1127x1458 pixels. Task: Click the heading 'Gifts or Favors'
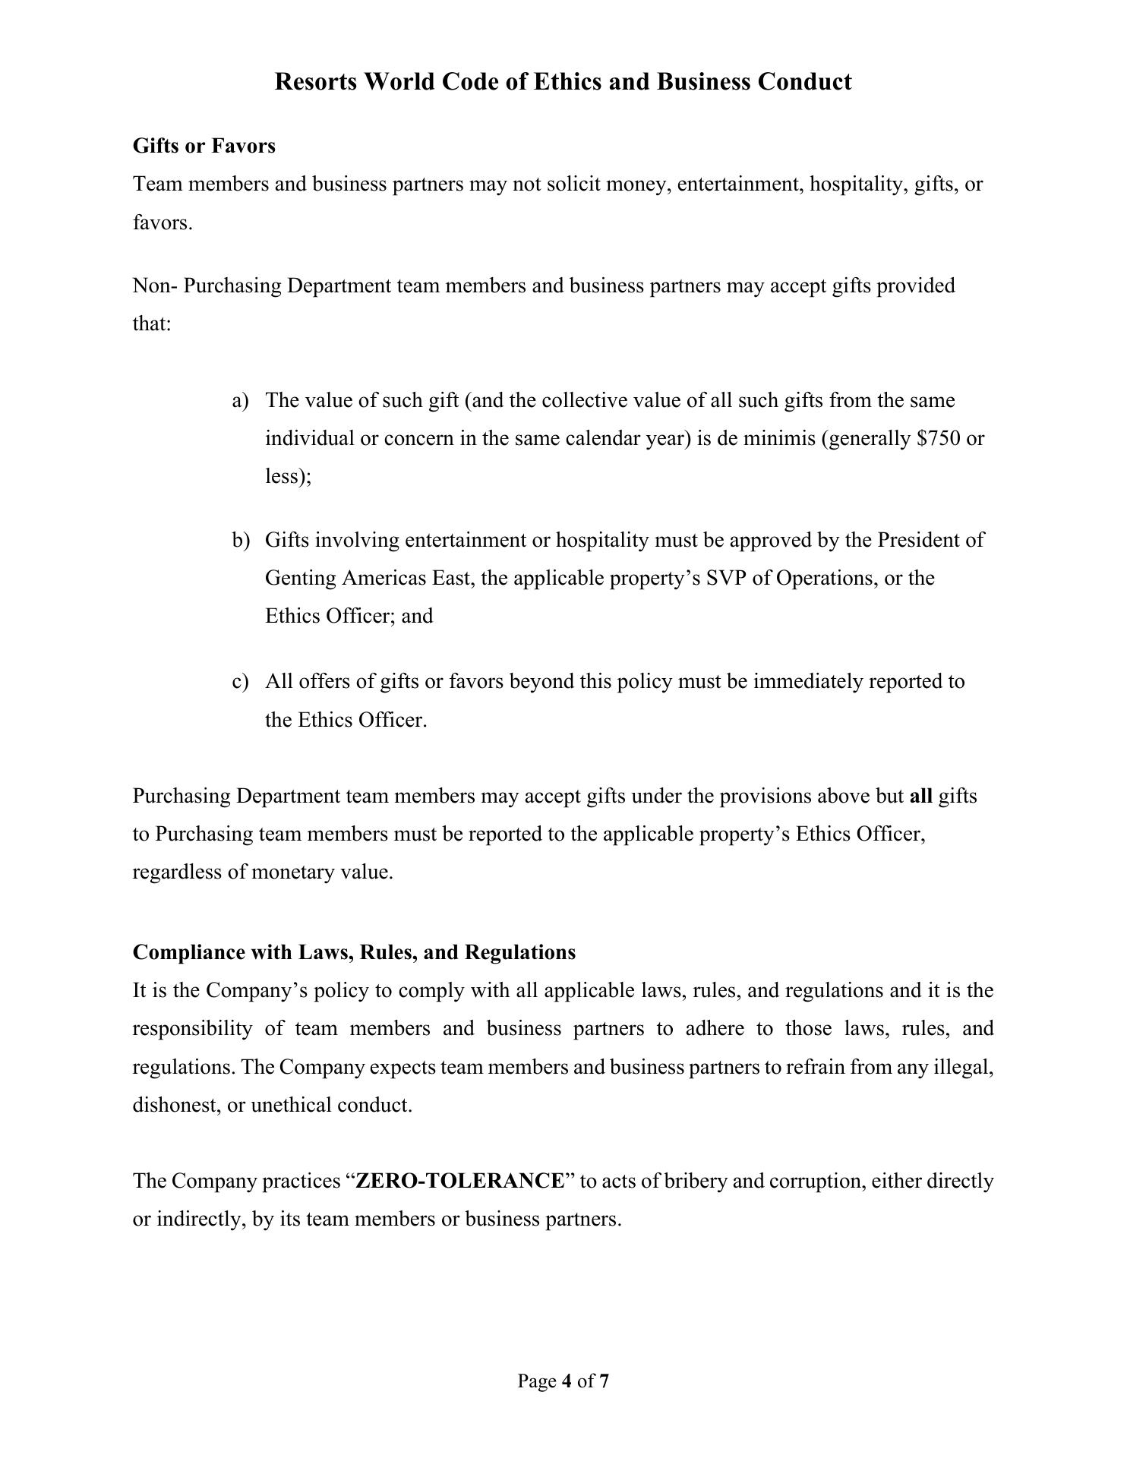pyautogui.click(x=204, y=146)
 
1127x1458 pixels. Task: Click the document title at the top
pyautogui.click(x=563, y=81)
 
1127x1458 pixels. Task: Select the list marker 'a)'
pyautogui.click(x=240, y=400)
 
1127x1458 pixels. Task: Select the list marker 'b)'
pyautogui.click(x=241, y=540)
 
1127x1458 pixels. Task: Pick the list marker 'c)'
pyautogui.click(x=240, y=681)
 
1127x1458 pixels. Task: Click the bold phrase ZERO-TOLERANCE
pyautogui.click(x=460, y=1181)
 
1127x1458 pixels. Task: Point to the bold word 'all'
pyautogui.click(x=920, y=796)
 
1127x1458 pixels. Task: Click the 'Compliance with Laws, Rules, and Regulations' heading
pyautogui.click(x=354, y=952)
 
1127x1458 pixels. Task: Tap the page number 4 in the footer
pyautogui.click(x=567, y=1381)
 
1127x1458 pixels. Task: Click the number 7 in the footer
pyautogui.click(x=604, y=1381)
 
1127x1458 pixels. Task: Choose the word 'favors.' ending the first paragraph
pyautogui.click(x=163, y=222)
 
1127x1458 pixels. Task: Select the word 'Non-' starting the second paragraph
pyautogui.click(x=155, y=286)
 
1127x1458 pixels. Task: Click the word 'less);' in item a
pyautogui.click(x=288, y=476)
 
